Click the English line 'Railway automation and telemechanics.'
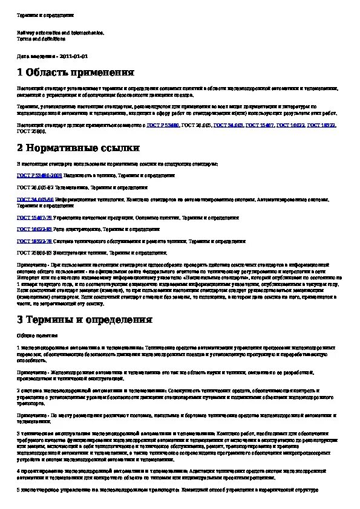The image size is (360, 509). pyautogui.click(x=61, y=33)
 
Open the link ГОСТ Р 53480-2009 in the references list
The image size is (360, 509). pyautogui.click(x=39, y=175)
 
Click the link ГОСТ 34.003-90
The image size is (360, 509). pyautogui.click(x=35, y=199)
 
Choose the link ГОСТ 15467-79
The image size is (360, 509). pyautogui.click(x=34, y=217)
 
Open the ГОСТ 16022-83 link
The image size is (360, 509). pyautogui.click(x=34, y=229)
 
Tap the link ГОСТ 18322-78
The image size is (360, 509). pyautogui.click(x=34, y=241)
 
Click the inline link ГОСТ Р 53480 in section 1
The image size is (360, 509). pyautogui.click(x=163, y=125)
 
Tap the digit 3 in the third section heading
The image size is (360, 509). pyautogui.click(x=20, y=320)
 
